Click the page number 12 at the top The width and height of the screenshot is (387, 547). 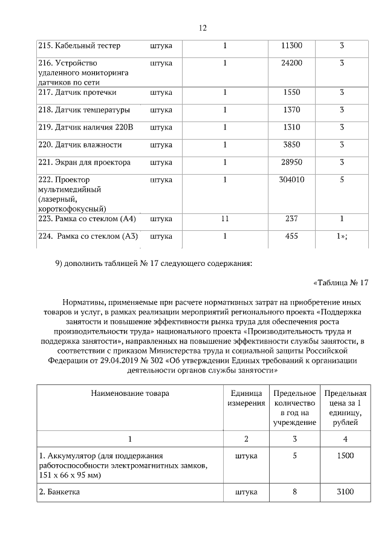tap(203, 28)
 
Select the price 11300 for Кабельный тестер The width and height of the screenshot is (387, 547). tap(292, 46)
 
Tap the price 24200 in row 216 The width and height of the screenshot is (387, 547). tap(292, 63)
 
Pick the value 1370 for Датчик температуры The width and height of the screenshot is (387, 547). tap(292, 110)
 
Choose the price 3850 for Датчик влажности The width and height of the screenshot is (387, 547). tap(292, 145)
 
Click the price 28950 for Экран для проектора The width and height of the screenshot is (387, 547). tap(292, 163)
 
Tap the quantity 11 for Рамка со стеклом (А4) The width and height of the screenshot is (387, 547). tap(224, 218)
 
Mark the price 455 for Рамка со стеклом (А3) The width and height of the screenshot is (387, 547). tap(292, 236)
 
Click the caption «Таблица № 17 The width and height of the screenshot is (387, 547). tap(341, 283)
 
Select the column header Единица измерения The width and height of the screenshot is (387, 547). tap(246, 398)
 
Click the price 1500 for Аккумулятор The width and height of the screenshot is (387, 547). tap(345, 456)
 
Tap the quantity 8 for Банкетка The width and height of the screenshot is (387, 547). tap(295, 493)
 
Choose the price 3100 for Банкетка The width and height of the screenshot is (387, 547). tap(345, 493)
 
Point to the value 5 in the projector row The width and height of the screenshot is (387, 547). tap(342, 180)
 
